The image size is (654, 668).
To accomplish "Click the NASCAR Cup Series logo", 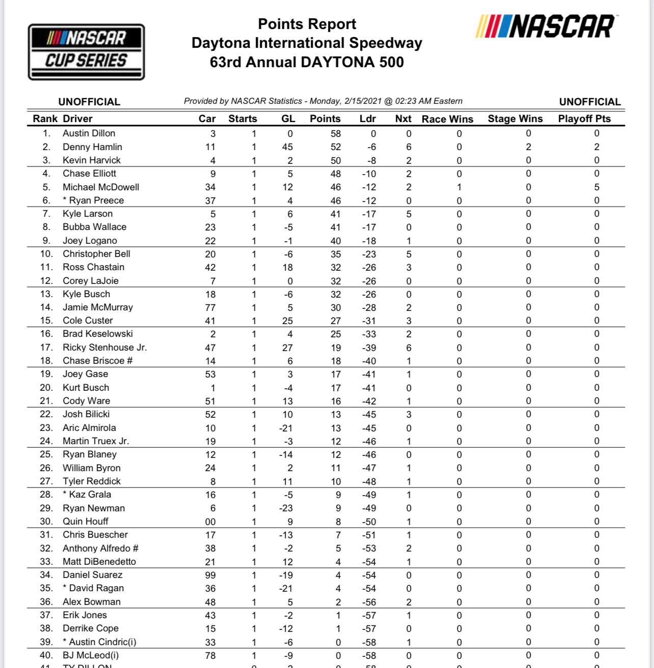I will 86,52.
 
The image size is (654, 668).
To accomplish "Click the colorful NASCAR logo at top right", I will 545,27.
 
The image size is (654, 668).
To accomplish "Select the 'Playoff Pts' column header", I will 584,119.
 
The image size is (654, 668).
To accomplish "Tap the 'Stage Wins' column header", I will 515,119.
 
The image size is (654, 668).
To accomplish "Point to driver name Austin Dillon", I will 89,133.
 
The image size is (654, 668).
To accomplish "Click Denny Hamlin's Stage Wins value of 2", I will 528,147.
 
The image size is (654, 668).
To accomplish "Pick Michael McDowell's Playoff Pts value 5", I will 596,187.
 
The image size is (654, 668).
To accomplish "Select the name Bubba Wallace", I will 94,227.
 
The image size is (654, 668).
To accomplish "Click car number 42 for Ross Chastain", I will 210,268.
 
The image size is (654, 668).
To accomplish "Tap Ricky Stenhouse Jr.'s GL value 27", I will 287,348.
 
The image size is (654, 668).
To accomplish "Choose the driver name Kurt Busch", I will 86,388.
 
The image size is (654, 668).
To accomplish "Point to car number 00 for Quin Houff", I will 210,522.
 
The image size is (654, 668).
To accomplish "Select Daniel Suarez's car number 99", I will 210,575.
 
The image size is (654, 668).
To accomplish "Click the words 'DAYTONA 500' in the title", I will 352,62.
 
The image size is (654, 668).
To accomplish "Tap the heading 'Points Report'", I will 307,24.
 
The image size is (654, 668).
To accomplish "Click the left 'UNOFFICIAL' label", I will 89,102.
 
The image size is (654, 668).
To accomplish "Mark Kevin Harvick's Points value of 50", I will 335,161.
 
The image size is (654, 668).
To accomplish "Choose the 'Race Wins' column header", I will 447,119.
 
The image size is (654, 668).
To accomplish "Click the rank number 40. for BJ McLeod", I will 46,655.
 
